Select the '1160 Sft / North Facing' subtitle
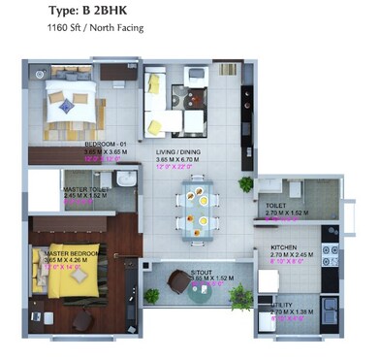95,28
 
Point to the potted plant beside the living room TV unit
247,183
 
